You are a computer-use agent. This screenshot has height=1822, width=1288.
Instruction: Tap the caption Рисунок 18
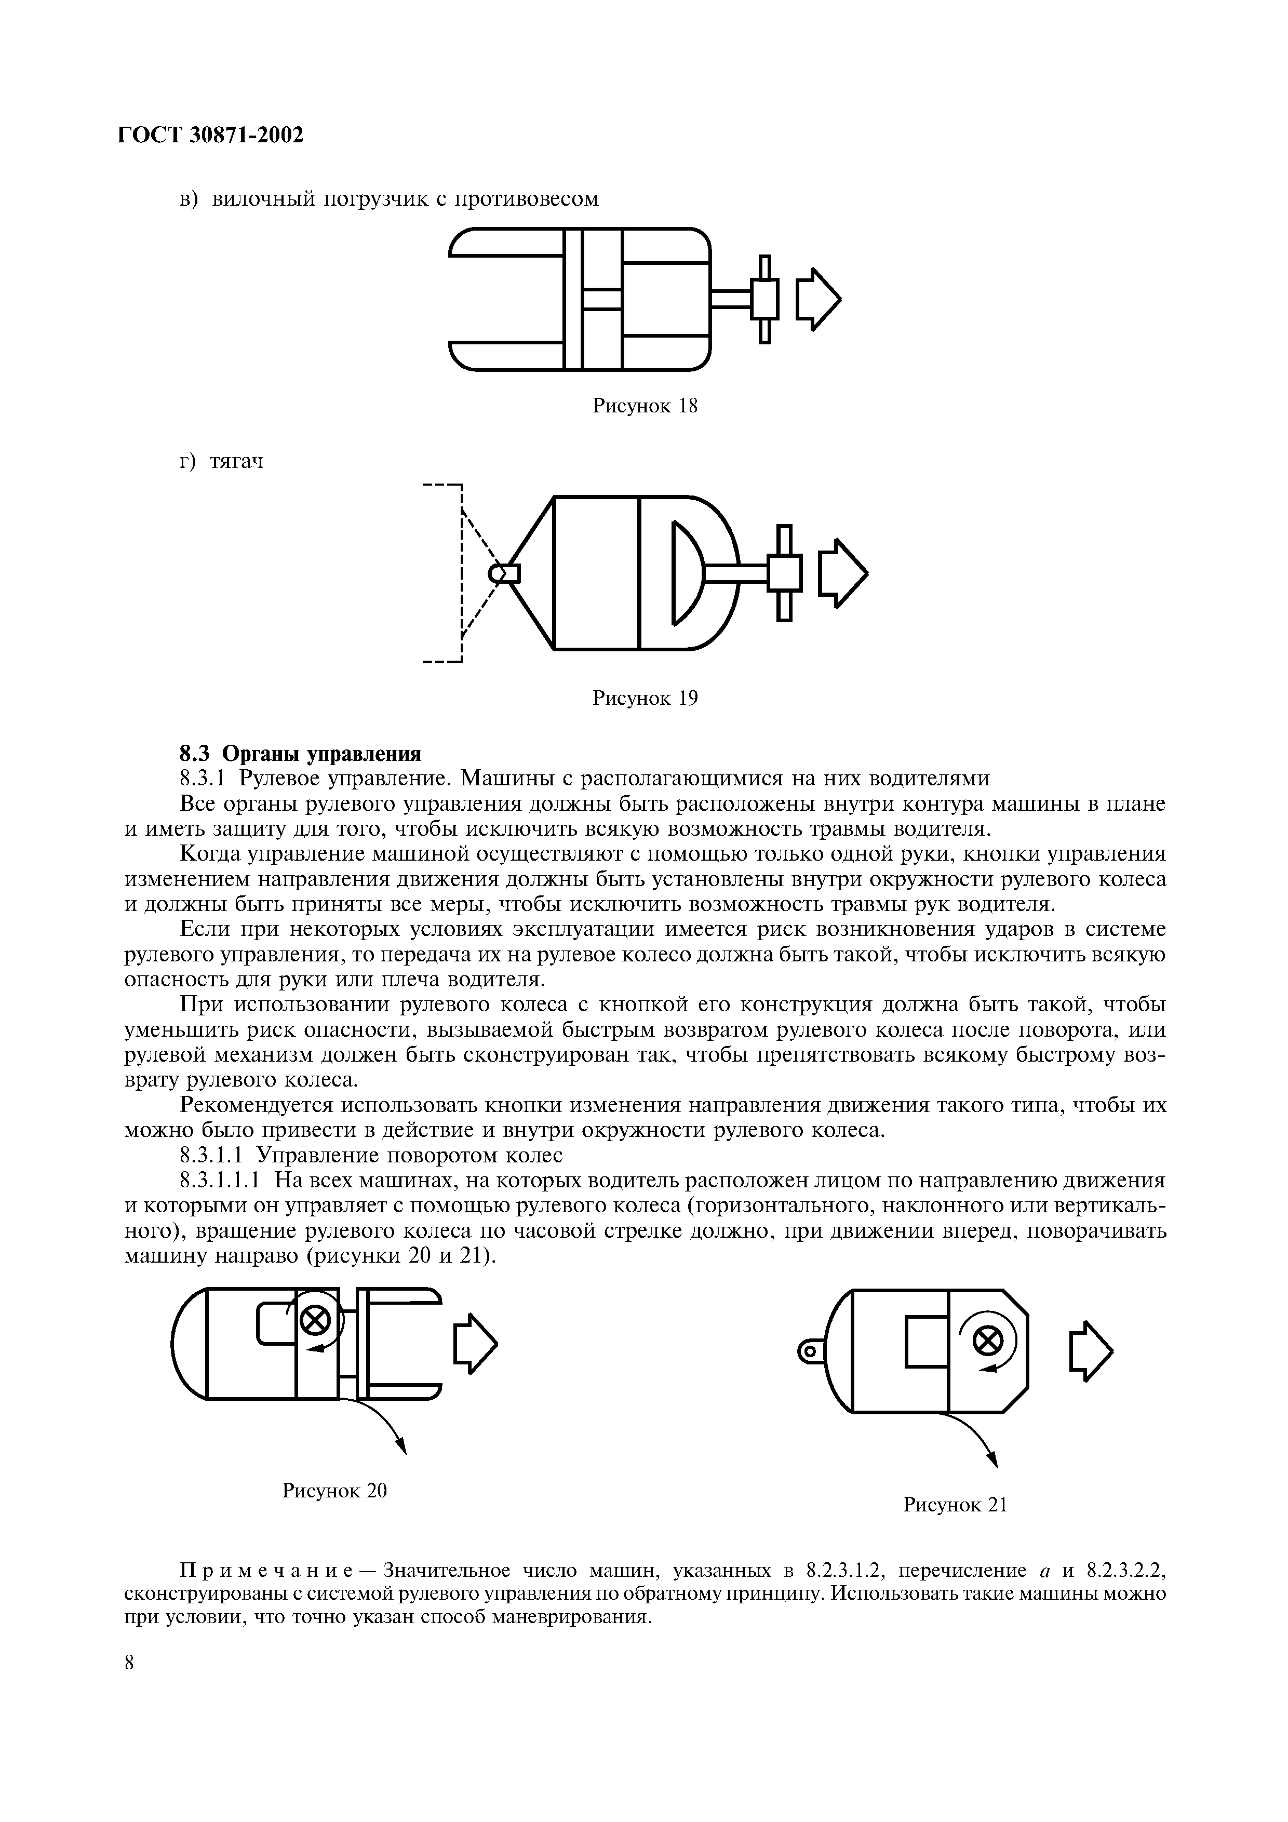point(645,406)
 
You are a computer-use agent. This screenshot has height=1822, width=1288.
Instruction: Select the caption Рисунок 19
point(645,699)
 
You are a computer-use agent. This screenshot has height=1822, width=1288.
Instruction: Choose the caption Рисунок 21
point(955,1505)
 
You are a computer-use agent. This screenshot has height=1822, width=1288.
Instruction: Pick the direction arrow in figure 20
point(475,1343)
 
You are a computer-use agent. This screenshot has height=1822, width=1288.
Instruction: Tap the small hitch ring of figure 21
point(809,1350)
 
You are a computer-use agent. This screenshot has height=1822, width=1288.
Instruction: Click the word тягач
point(236,462)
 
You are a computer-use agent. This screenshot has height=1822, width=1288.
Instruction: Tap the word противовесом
point(527,198)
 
